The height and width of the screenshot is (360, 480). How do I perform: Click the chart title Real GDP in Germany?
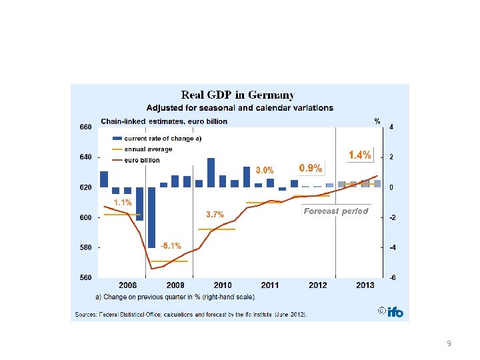(239, 95)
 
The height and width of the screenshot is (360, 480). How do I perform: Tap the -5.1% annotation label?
(170, 245)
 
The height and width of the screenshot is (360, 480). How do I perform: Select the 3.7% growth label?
(215, 214)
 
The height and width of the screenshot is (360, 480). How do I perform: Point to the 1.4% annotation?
(360, 155)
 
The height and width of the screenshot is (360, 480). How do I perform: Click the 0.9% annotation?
(310, 168)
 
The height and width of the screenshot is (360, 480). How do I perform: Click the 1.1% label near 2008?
(122, 202)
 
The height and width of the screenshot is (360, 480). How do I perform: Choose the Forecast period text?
(336, 211)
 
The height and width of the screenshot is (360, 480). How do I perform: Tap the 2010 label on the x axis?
(223, 285)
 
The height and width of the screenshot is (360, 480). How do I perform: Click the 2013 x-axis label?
(365, 285)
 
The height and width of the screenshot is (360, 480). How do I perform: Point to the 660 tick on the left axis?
(86, 127)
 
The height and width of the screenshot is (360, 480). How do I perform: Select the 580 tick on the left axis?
(86, 247)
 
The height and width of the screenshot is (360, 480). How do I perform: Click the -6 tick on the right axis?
(392, 277)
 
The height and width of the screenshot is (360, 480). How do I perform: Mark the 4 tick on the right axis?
(391, 127)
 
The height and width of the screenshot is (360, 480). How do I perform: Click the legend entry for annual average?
(148, 149)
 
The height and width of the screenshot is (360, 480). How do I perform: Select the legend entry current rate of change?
(163, 139)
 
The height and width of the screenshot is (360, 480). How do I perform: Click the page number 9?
(449, 343)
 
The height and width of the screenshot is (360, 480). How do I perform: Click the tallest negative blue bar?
(151, 217)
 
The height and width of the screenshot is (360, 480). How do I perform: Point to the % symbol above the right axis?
(377, 121)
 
